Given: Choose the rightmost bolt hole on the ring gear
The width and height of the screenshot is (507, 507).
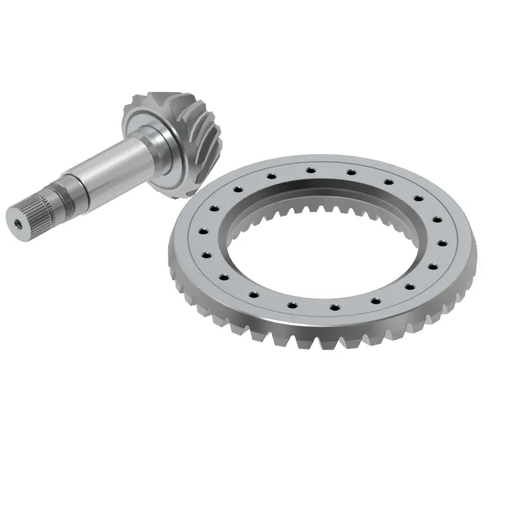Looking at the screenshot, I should pos(447,243).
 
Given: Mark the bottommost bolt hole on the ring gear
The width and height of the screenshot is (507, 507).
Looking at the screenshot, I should pos(335,308).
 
